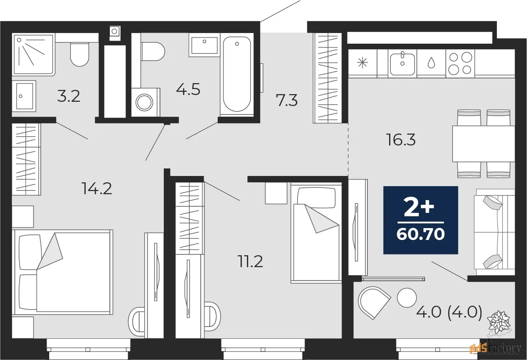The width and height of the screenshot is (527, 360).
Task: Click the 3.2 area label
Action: pyautogui.click(x=69, y=96)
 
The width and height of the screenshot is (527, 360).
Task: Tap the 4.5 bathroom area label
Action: pyautogui.click(x=188, y=89)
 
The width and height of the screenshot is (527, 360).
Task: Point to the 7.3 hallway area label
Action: pyautogui.click(x=286, y=100)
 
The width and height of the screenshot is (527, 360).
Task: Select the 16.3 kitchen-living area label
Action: pyautogui.click(x=401, y=140)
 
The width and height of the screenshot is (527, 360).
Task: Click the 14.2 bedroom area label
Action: pyautogui.click(x=97, y=189)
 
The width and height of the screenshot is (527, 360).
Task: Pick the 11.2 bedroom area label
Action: pyautogui.click(x=250, y=262)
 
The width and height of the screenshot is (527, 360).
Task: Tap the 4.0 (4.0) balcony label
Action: pyautogui.click(x=449, y=313)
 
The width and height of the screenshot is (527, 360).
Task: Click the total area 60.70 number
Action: pyautogui.click(x=420, y=234)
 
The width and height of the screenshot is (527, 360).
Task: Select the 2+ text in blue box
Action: pyautogui.click(x=419, y=207)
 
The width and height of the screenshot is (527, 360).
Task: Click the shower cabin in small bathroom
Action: pyautogui.click(x=34, y=55)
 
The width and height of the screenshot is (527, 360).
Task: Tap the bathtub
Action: pyautogui.click(x=237, y=74)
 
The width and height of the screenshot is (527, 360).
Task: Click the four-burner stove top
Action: pyautogui.click(x=460, y=64)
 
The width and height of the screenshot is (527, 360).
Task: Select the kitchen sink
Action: pyautogui.click(x=402, y=64)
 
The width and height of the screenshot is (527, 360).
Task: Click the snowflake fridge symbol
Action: pyautogui.click(x=362, y=63)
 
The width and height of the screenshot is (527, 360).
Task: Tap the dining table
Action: pyautogui.click(x=484, y=144)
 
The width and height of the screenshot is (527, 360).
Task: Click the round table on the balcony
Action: pyautogui.click(x=407, y=298)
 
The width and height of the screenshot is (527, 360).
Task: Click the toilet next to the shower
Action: pyautogui.click(x=79, y=55)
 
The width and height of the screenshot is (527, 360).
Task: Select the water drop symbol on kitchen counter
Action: pyautogui.click(x=431, y=63)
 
